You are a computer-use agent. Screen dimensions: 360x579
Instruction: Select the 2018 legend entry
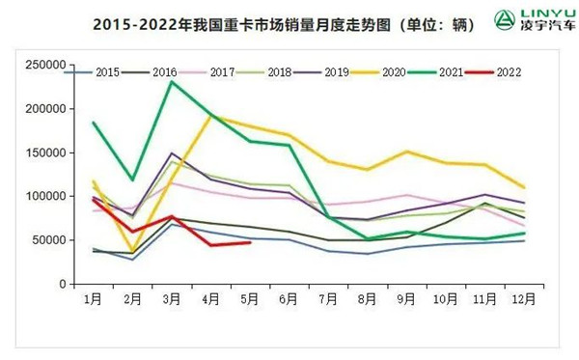pos(273,71)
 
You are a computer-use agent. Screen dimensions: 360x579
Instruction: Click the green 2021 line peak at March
pos(172,82)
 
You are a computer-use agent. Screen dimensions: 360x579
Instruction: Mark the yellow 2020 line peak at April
pos(211,116)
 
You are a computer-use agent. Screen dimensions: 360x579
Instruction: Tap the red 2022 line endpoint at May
pos(250,242)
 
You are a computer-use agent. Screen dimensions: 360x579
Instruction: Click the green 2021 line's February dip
pos(132,180)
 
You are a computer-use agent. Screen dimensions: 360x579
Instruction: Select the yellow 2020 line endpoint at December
pos(524,187)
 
